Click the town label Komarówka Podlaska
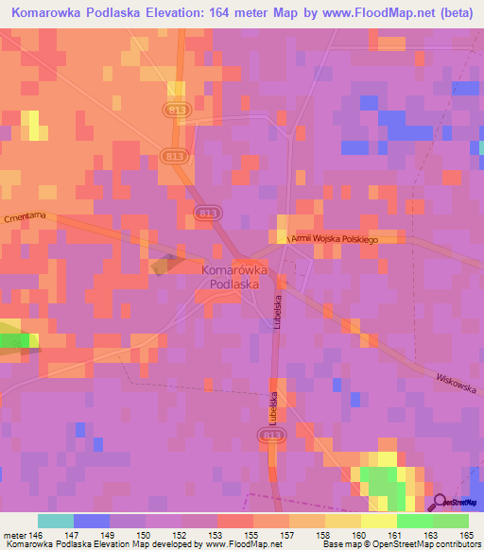(233, 276)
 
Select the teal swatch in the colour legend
(55, 521)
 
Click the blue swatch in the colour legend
(91, 521)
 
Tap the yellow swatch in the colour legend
(378, 521)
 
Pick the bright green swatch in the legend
(414, 521)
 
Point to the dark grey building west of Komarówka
(164, 264)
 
